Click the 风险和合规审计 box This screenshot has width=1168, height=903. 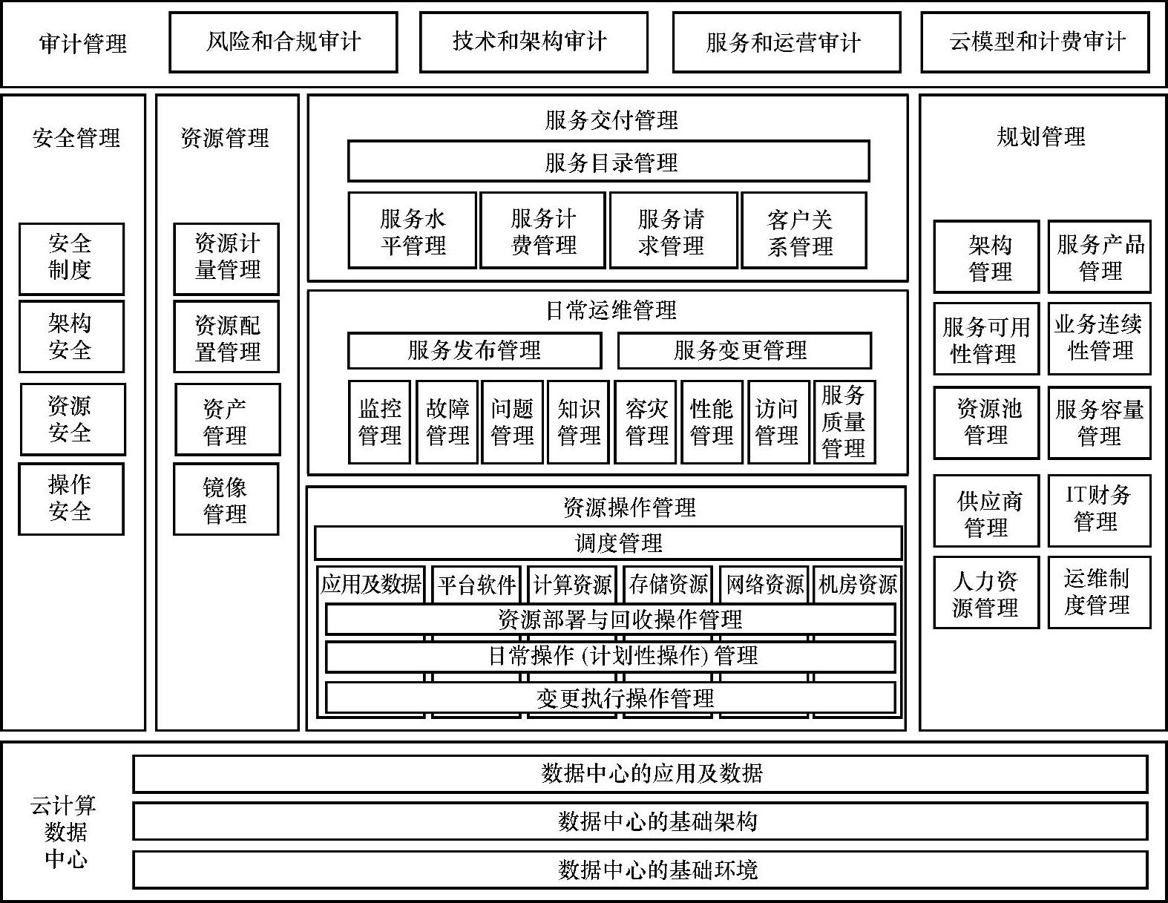283,42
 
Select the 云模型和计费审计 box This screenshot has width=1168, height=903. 1035,42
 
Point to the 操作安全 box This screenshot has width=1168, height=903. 70,499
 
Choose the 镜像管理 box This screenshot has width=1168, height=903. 226,499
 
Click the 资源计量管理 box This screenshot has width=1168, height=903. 226,258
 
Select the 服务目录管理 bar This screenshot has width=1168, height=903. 608,162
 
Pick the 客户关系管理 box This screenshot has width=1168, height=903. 804,231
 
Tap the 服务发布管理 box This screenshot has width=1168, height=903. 474,350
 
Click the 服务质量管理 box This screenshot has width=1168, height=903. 844,422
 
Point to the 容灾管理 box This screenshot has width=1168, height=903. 646,422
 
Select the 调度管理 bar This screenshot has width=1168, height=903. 608,543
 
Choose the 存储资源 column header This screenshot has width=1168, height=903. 668,584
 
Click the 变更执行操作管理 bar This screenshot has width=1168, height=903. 610,697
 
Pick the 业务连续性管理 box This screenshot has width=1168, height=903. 1099,338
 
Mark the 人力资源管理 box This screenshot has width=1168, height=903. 985,593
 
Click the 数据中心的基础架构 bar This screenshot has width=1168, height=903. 640,821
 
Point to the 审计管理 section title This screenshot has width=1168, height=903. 83,44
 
